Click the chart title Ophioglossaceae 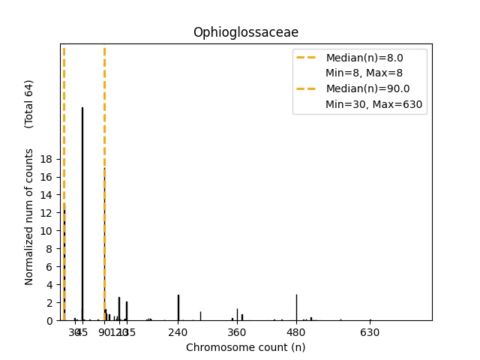(245, 32)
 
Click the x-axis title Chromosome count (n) (245, 347)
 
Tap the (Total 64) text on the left (29, 103)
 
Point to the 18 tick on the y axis (46, 159)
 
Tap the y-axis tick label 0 (49, 321)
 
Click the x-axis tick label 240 (178, 332)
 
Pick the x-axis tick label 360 (237, 332)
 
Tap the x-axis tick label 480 (296, 332)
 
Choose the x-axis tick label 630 (370, 332)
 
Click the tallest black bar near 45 (82, 214)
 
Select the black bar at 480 (296, 307)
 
